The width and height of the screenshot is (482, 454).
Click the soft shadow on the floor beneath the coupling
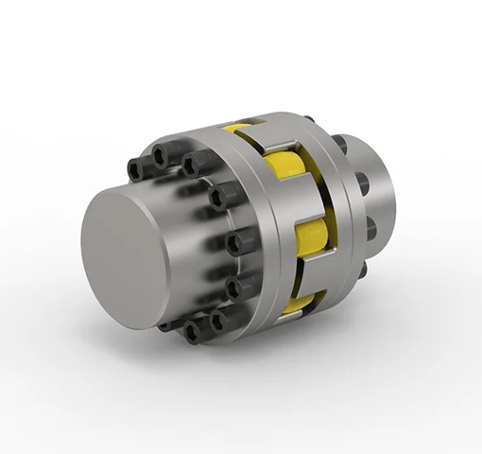point(284,364)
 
